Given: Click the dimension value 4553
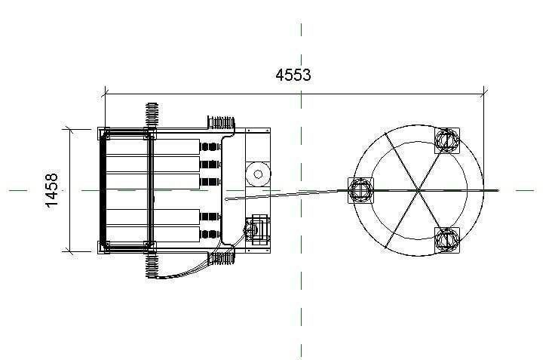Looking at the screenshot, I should coord(293,75).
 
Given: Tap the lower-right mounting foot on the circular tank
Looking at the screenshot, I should coord(447,240).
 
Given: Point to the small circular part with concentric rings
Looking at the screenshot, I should coord(258,174).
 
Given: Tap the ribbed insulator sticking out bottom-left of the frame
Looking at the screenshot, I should coord(152,265).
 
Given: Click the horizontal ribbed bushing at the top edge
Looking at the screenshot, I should coord(222,122).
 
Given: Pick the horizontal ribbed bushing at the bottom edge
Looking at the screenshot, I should coord(222,258).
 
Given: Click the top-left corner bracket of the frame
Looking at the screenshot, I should coord(103,134).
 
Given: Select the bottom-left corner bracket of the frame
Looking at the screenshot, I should coord(103,246).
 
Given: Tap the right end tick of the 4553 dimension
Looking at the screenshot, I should coord(483,94).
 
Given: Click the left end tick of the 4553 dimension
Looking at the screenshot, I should coord(104,94).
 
